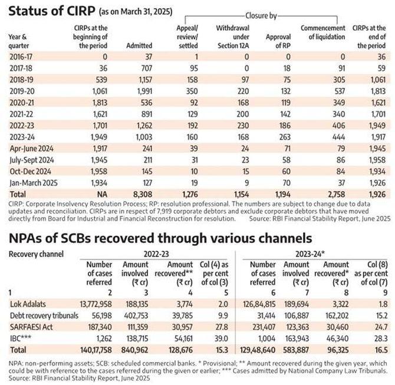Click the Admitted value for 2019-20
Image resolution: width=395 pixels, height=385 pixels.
144,91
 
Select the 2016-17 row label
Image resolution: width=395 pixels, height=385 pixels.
21,57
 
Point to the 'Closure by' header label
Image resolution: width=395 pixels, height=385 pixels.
261,15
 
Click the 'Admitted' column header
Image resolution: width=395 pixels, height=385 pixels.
139,45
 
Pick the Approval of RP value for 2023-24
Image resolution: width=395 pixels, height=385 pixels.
285,137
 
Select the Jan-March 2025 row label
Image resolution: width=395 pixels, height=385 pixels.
34,183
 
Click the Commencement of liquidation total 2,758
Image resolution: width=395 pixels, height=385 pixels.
335,194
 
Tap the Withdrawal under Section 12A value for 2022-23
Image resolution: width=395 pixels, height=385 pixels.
242,126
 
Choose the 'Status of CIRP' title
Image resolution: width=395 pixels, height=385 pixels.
52,11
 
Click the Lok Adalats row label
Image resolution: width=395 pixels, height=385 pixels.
28,304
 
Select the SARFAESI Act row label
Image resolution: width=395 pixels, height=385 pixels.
31,327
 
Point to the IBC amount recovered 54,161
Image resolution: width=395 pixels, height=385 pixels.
183,338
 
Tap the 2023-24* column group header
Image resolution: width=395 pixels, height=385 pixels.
310,254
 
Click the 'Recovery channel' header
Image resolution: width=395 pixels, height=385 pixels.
36,254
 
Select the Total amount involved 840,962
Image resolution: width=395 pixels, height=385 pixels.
134,350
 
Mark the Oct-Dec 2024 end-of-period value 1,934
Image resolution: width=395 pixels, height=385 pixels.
377,172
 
